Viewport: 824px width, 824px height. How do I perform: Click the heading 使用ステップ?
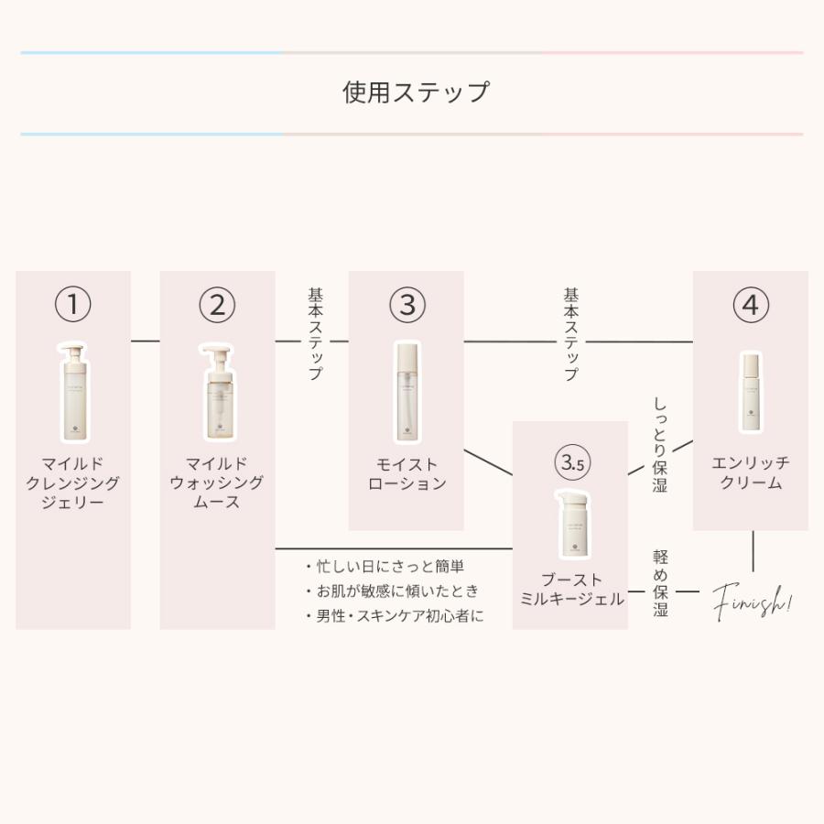click(416, 92)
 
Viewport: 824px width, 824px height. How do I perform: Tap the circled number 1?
click(73, 305)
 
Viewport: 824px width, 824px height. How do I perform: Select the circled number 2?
click(217, 305)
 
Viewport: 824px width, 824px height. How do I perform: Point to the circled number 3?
click(407, 305)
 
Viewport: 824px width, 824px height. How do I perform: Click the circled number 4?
click(751, 305)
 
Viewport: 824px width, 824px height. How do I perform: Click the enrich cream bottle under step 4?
click(751, 392)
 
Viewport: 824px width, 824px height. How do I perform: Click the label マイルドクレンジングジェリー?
click(73, 482)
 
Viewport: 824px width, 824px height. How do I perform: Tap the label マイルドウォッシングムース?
click(217, 482)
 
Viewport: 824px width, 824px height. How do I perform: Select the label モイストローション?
click(407, 473)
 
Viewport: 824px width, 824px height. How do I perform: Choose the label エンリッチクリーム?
click(751, 472)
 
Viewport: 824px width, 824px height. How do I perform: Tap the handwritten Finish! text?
click(753, 602)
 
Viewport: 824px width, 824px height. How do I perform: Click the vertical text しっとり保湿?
click(660, 445)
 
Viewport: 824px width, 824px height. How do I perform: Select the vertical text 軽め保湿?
click(660, 583)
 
